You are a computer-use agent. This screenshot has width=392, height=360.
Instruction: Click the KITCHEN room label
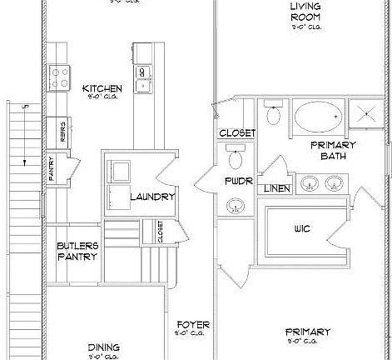[x=103, y=88]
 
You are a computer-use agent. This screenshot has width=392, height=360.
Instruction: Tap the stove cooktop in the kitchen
[x=60, y=77]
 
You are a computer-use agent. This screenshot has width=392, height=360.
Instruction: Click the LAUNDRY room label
[x=152, y=197]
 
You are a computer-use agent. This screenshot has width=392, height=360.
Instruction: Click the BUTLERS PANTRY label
[x=77, y=251]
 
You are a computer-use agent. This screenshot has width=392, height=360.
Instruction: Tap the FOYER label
[x=192, y=324]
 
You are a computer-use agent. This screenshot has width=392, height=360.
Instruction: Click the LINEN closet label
[x=277, y=189]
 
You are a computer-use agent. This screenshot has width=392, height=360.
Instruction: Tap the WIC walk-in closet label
[x=301, y=227]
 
